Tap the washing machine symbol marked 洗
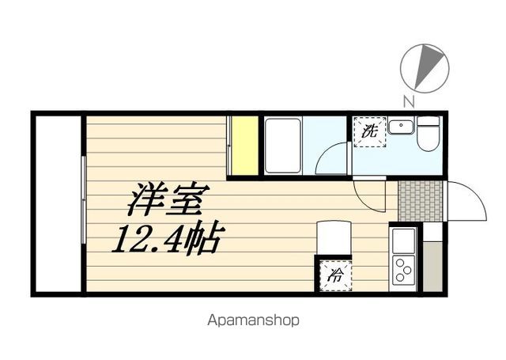tap(368, 132)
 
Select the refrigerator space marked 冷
tap(335, 275)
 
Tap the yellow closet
tap(244, 146)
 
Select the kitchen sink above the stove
tap(404, 238)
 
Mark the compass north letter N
tap(408, 100)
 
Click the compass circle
tap(425, 67)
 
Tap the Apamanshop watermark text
tap(253, 321)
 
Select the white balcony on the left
tap(57, 203)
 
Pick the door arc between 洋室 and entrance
tap(368, 195)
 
